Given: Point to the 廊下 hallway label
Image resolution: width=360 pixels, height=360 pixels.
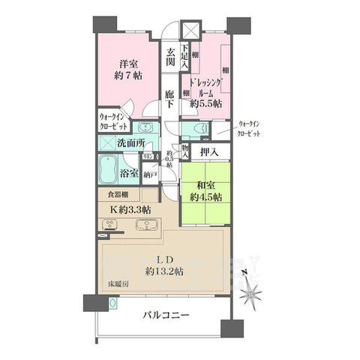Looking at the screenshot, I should (171, 100).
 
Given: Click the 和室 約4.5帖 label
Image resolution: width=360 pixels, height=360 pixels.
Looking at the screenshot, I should (204, 191).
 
